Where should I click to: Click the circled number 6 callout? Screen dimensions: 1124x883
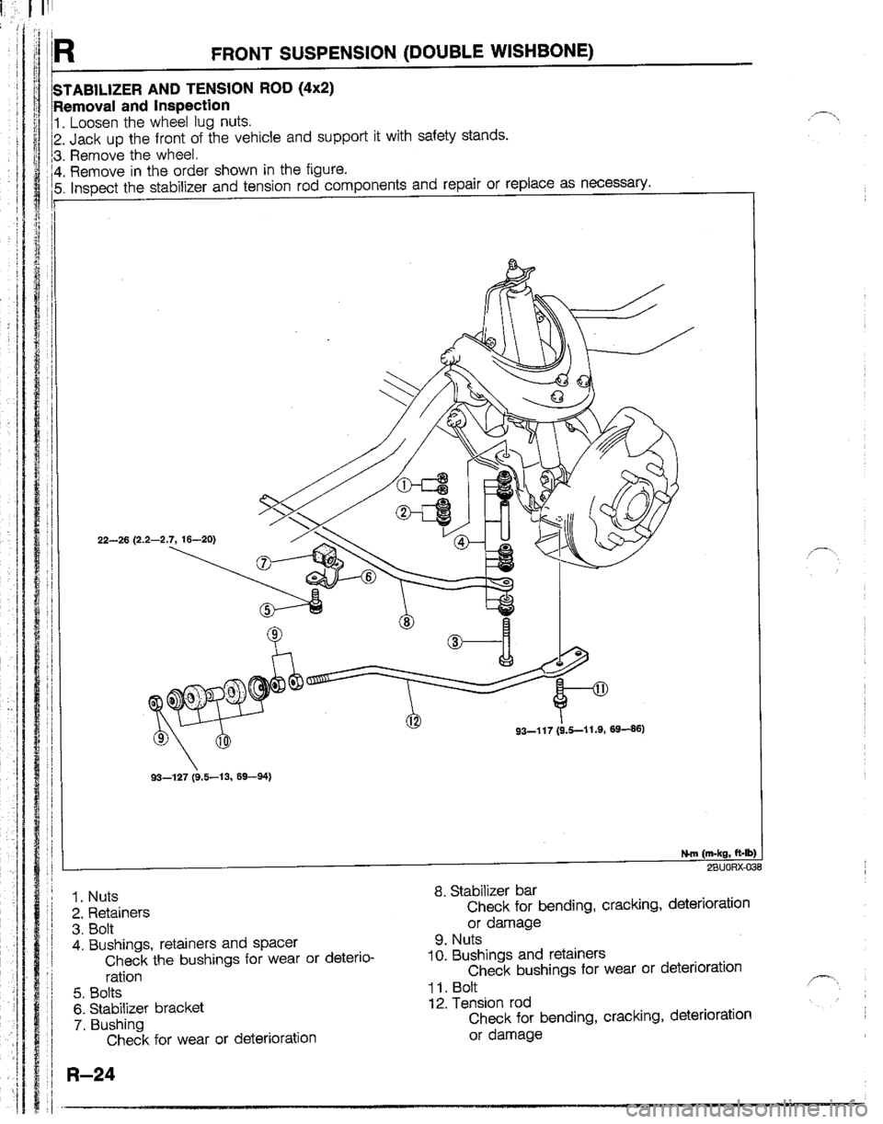[x=369, y=579]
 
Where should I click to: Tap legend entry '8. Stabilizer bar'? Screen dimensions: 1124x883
[x=486, y=889]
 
